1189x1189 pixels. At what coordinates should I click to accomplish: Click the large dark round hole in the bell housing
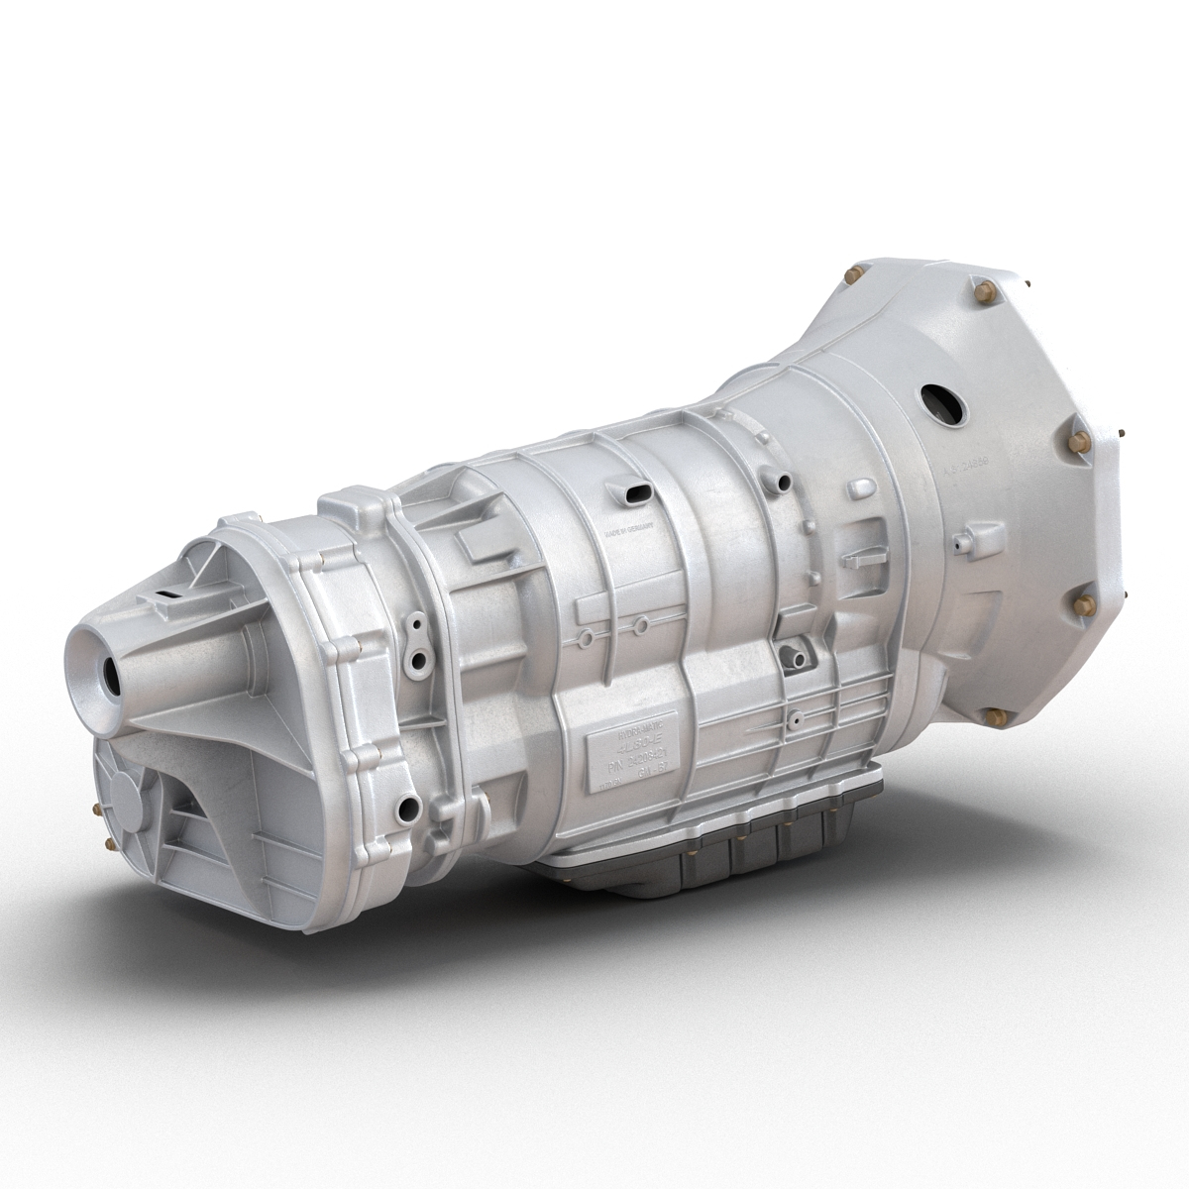coord(940,402)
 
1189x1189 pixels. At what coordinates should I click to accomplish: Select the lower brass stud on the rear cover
coord(108,843)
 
